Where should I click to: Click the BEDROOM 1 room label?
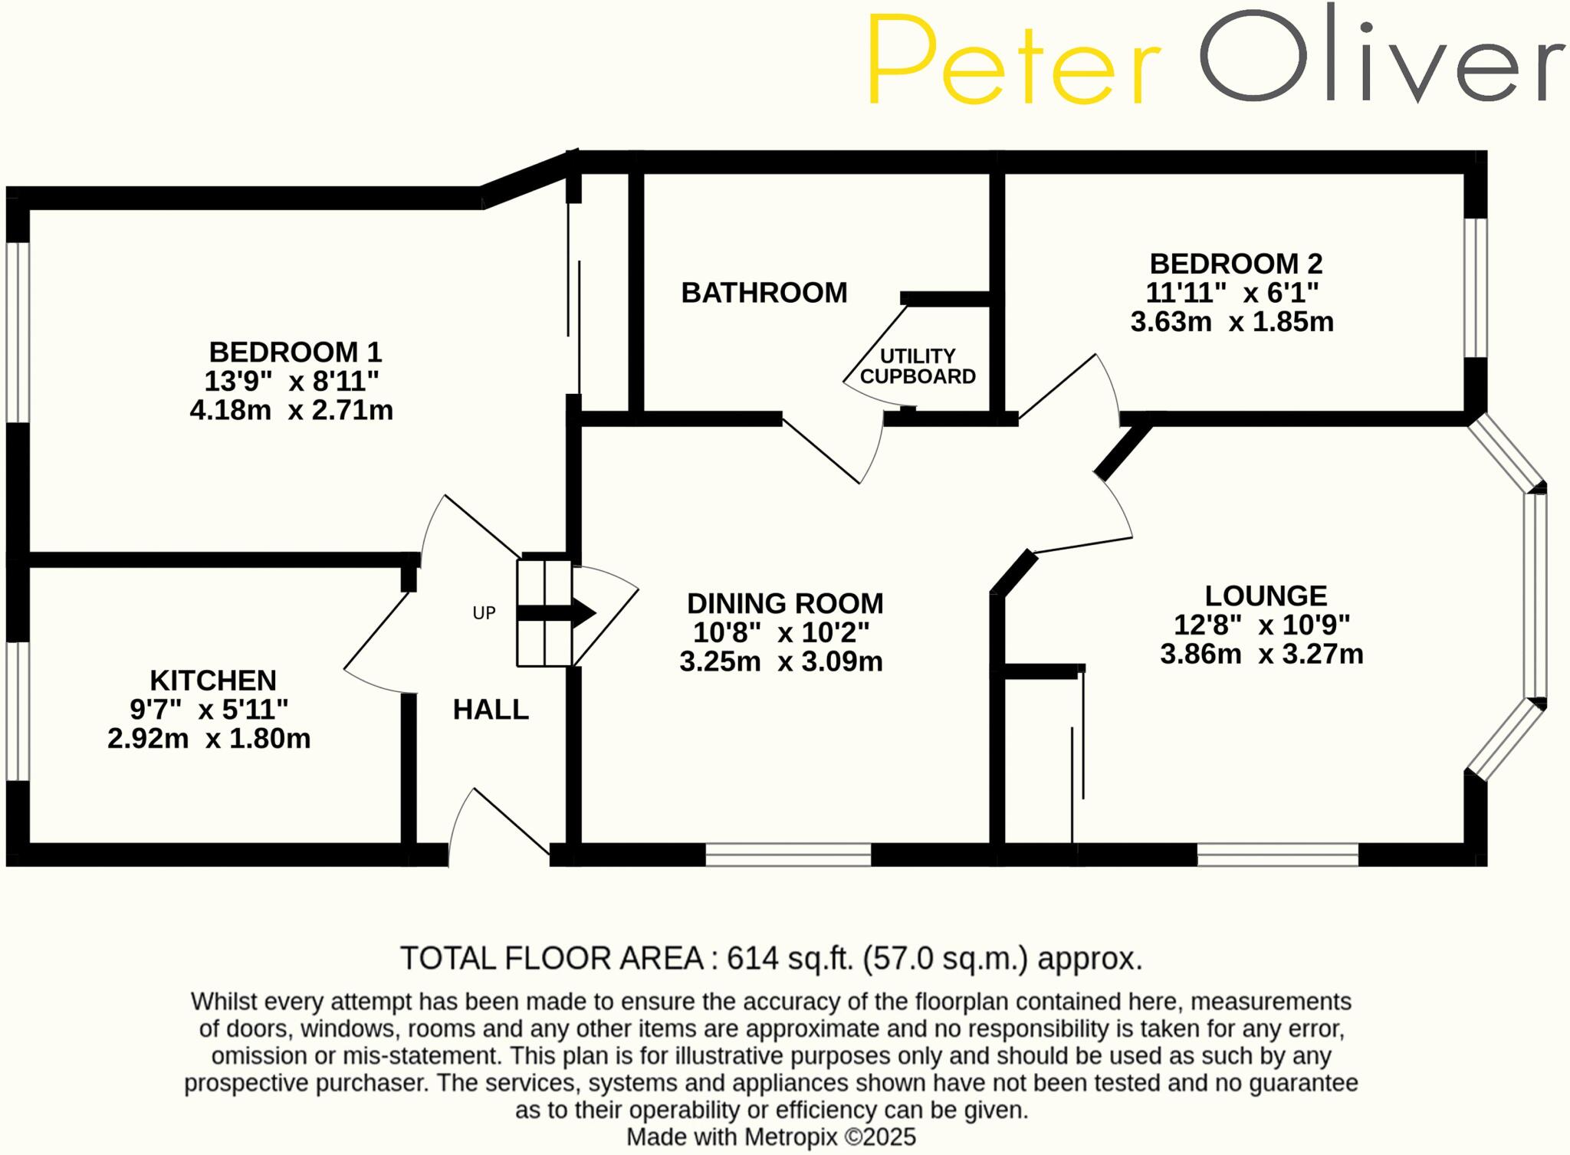295,353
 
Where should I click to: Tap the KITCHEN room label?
213,681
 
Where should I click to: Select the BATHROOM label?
764,293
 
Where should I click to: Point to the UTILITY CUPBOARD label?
918,366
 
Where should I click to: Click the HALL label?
491,710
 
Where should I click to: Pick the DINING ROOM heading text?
785,604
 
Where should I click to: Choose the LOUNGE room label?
1266,596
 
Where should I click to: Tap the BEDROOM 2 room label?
1236,264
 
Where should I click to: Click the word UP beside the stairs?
484,613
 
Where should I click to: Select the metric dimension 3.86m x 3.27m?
1262,655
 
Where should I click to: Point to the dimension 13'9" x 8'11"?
291,381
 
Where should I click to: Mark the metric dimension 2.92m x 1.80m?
209,739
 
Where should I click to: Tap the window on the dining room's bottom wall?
788,855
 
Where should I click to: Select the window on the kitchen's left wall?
18,710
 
